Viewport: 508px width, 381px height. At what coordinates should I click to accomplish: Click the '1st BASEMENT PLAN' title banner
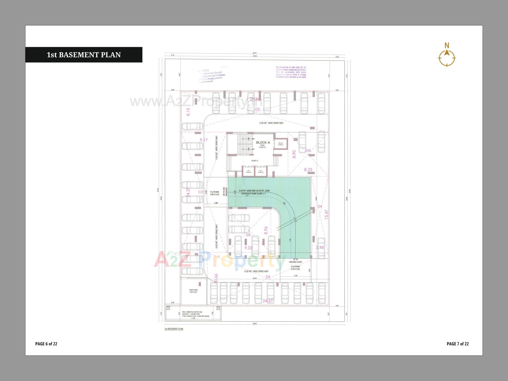[84, 55]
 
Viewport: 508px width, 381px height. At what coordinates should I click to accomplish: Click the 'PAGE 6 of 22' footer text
[46, 344]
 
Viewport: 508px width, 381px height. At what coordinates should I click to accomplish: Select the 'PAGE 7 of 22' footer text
[458, 344]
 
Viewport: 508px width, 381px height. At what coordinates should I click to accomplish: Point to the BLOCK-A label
[263, 143]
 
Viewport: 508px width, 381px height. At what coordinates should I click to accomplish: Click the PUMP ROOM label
[193, 291]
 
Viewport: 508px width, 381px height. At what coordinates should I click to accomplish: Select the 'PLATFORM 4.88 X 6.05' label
[215, 193]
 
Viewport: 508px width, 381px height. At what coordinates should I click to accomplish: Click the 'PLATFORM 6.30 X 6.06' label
[295, 268]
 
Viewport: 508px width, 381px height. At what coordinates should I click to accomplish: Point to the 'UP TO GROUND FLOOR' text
[295, 261]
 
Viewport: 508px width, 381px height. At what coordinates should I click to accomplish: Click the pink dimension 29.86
[255, 99]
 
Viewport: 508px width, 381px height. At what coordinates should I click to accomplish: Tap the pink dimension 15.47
[326, 214]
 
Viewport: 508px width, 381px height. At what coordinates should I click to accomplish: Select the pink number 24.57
[268, 301]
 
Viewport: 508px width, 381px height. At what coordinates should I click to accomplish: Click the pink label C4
[268, 277]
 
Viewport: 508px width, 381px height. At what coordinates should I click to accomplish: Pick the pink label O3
[308, 151]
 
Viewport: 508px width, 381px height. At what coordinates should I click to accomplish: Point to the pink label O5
[248, 235]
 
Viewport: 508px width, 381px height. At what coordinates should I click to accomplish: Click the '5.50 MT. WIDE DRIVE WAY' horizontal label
[271, 123]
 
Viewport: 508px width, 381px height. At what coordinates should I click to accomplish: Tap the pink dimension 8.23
[308, 170]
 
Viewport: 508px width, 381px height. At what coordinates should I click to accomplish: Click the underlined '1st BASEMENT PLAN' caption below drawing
[174, 329]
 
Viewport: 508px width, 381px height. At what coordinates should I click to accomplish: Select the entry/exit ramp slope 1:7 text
[253, 194]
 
